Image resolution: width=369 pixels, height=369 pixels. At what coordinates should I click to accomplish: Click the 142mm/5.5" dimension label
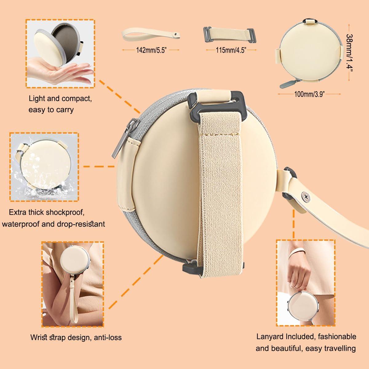point(151,50)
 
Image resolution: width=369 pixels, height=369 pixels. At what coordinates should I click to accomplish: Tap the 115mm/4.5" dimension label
point(230,50)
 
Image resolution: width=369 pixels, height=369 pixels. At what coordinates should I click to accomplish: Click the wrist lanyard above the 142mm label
point(151,35)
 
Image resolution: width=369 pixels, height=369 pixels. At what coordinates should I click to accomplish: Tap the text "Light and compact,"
point(60,99)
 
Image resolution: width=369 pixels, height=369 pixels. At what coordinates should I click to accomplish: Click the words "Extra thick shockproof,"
point(47,212)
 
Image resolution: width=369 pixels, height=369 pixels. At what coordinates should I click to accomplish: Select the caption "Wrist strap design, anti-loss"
point(76,337)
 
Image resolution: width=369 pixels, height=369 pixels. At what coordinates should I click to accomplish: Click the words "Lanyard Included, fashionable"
point(306,336)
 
